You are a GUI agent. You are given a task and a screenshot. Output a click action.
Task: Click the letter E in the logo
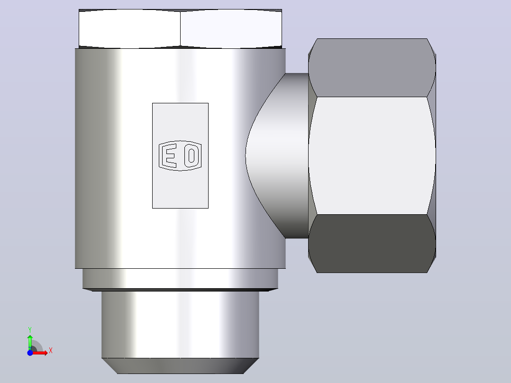[x=171, y=155]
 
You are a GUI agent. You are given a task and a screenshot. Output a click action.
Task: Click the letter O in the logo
[x=192, y=155]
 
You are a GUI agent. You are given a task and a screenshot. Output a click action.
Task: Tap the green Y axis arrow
[x=30, y=342]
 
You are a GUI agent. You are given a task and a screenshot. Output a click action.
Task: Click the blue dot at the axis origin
[x=30, y=353]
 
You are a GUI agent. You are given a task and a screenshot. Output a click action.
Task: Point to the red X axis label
[x=51, y=351]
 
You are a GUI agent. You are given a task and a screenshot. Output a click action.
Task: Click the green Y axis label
[x=30, y=330]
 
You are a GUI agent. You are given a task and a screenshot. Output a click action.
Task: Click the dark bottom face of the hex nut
[x=372, y=244]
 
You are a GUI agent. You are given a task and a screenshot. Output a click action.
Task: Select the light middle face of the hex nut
[x=372, y=155]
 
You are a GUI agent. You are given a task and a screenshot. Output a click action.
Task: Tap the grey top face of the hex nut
[x=372, y=67]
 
